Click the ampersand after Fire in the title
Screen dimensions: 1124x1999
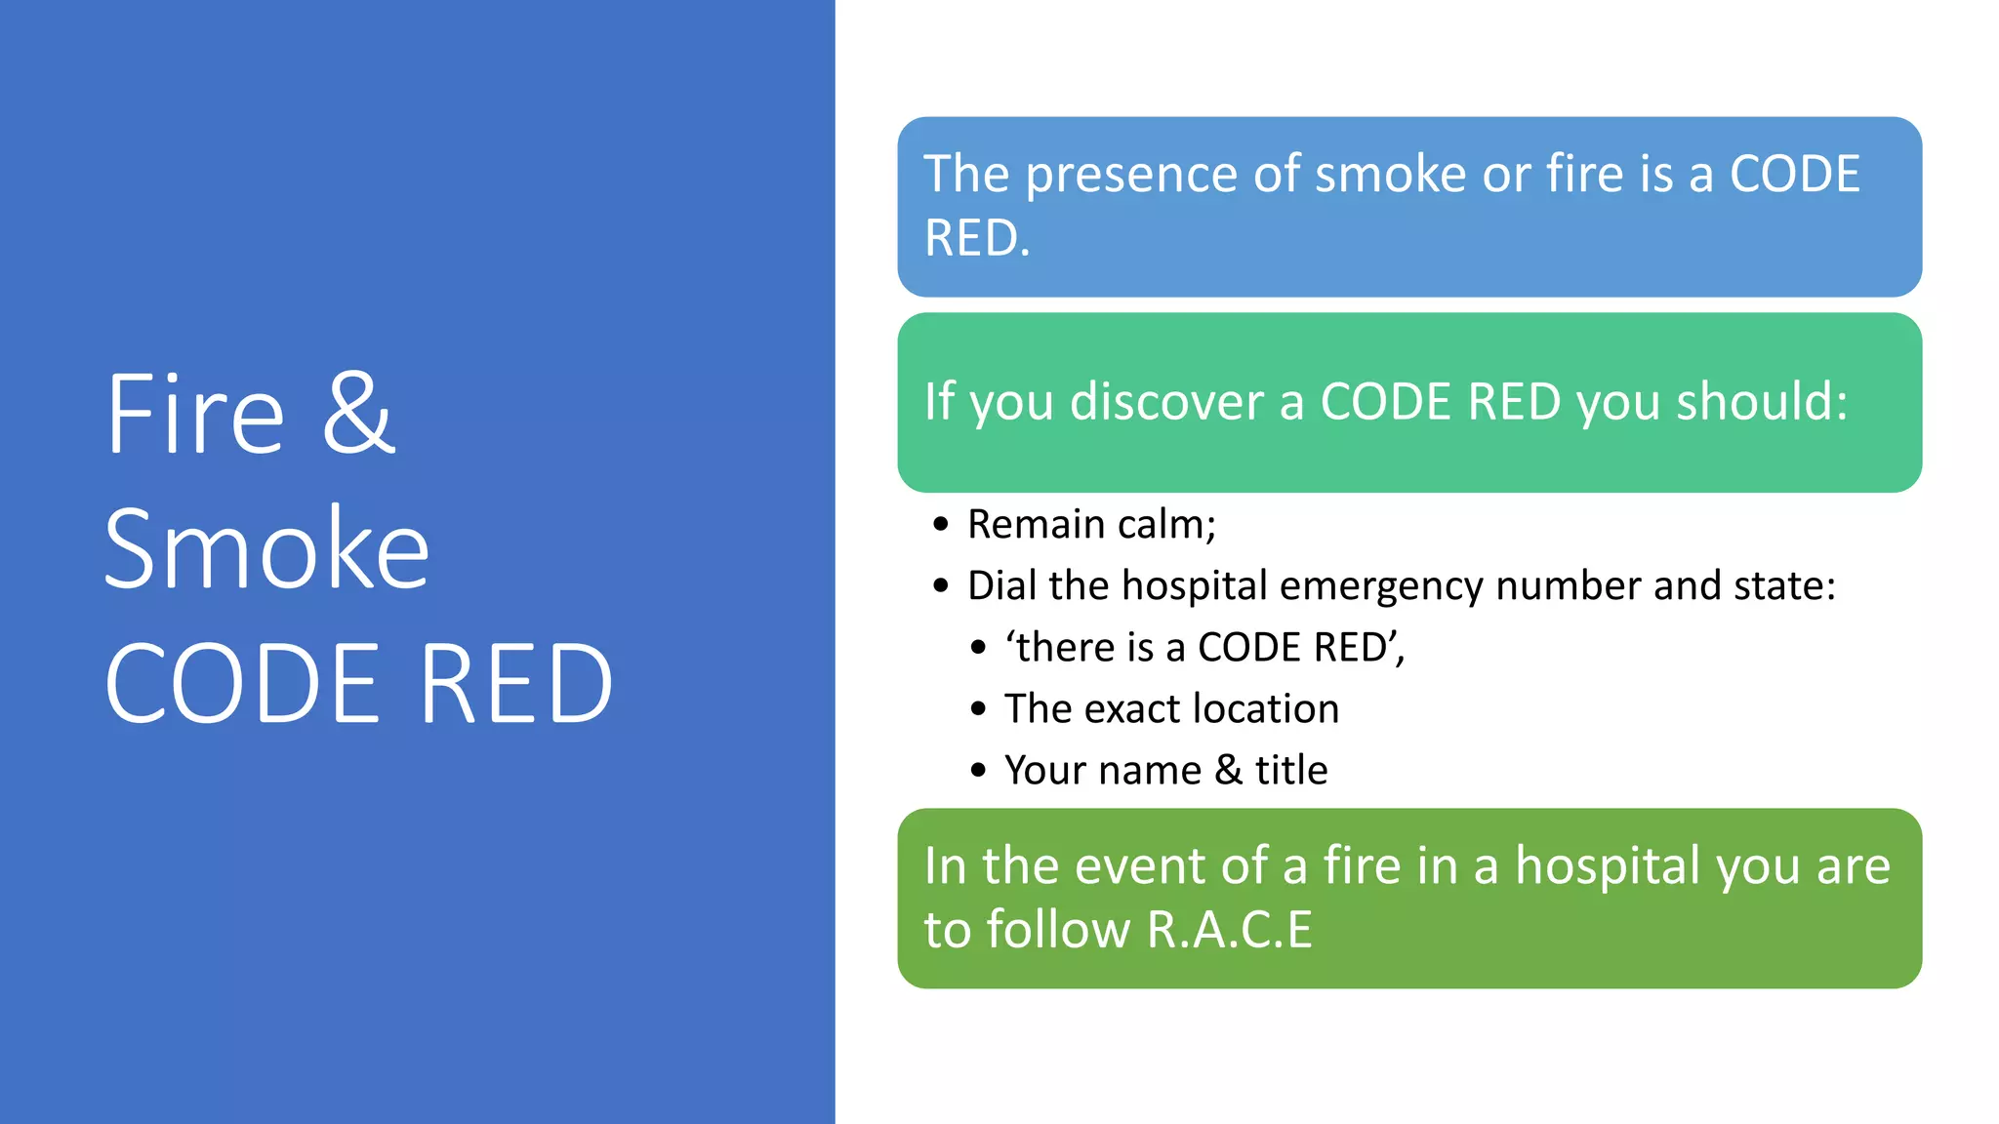tap(358, 414)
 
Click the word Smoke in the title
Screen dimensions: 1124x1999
tap(266, 549)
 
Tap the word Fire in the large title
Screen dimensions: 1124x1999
tap(195, 414)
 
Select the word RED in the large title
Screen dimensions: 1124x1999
tap(516, 685)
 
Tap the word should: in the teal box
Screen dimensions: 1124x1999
tap(1762, 402)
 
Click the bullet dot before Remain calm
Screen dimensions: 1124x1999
tap(940, 525)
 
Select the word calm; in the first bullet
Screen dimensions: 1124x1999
tap(1166, 525)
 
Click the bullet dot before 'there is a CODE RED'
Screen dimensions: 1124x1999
tap(978, 648)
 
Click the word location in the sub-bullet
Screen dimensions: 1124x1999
tap(1266, 709)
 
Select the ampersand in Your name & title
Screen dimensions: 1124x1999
tap(1228, 771)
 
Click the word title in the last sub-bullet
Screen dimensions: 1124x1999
tap(1290, 771)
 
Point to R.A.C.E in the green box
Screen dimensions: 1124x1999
tap(1229, 930)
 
